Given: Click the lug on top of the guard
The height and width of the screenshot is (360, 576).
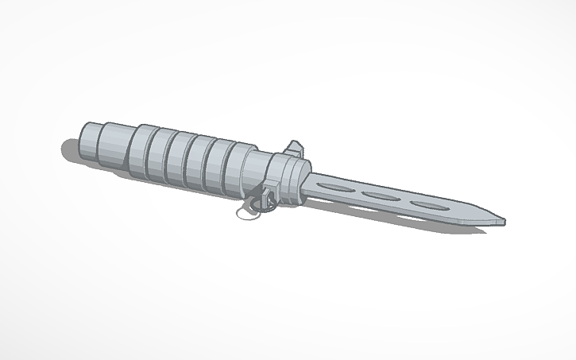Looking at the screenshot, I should click(295, 146).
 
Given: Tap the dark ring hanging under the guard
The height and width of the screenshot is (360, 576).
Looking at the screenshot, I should click(253, 204).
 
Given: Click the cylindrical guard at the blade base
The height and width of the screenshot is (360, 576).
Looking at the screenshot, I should click(291, 178).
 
